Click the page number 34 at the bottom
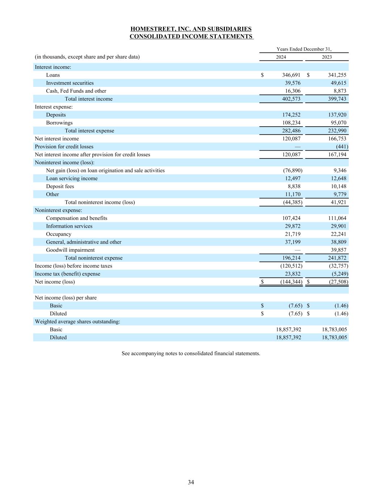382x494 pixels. (x=191, y=482)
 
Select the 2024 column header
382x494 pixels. (x=281, y=57)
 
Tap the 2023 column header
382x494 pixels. (x=327, y=57)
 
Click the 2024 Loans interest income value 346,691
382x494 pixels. (x=291, y=75)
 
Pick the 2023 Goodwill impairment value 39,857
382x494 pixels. (x=338, y=250)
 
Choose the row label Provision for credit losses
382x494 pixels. (x=64, y=147)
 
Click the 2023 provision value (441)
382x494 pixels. (x=342, y=147)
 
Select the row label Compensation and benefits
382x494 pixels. (x=76, y=218)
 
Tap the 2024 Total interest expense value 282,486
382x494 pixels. (x=291, y=131)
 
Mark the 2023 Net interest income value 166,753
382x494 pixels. (x=337, y=139)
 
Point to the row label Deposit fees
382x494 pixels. (x=60, y=186)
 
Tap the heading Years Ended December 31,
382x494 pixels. (x=304, y=49)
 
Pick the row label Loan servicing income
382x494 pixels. (x=72, y=178)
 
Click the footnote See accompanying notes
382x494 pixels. (x=191, y=353)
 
